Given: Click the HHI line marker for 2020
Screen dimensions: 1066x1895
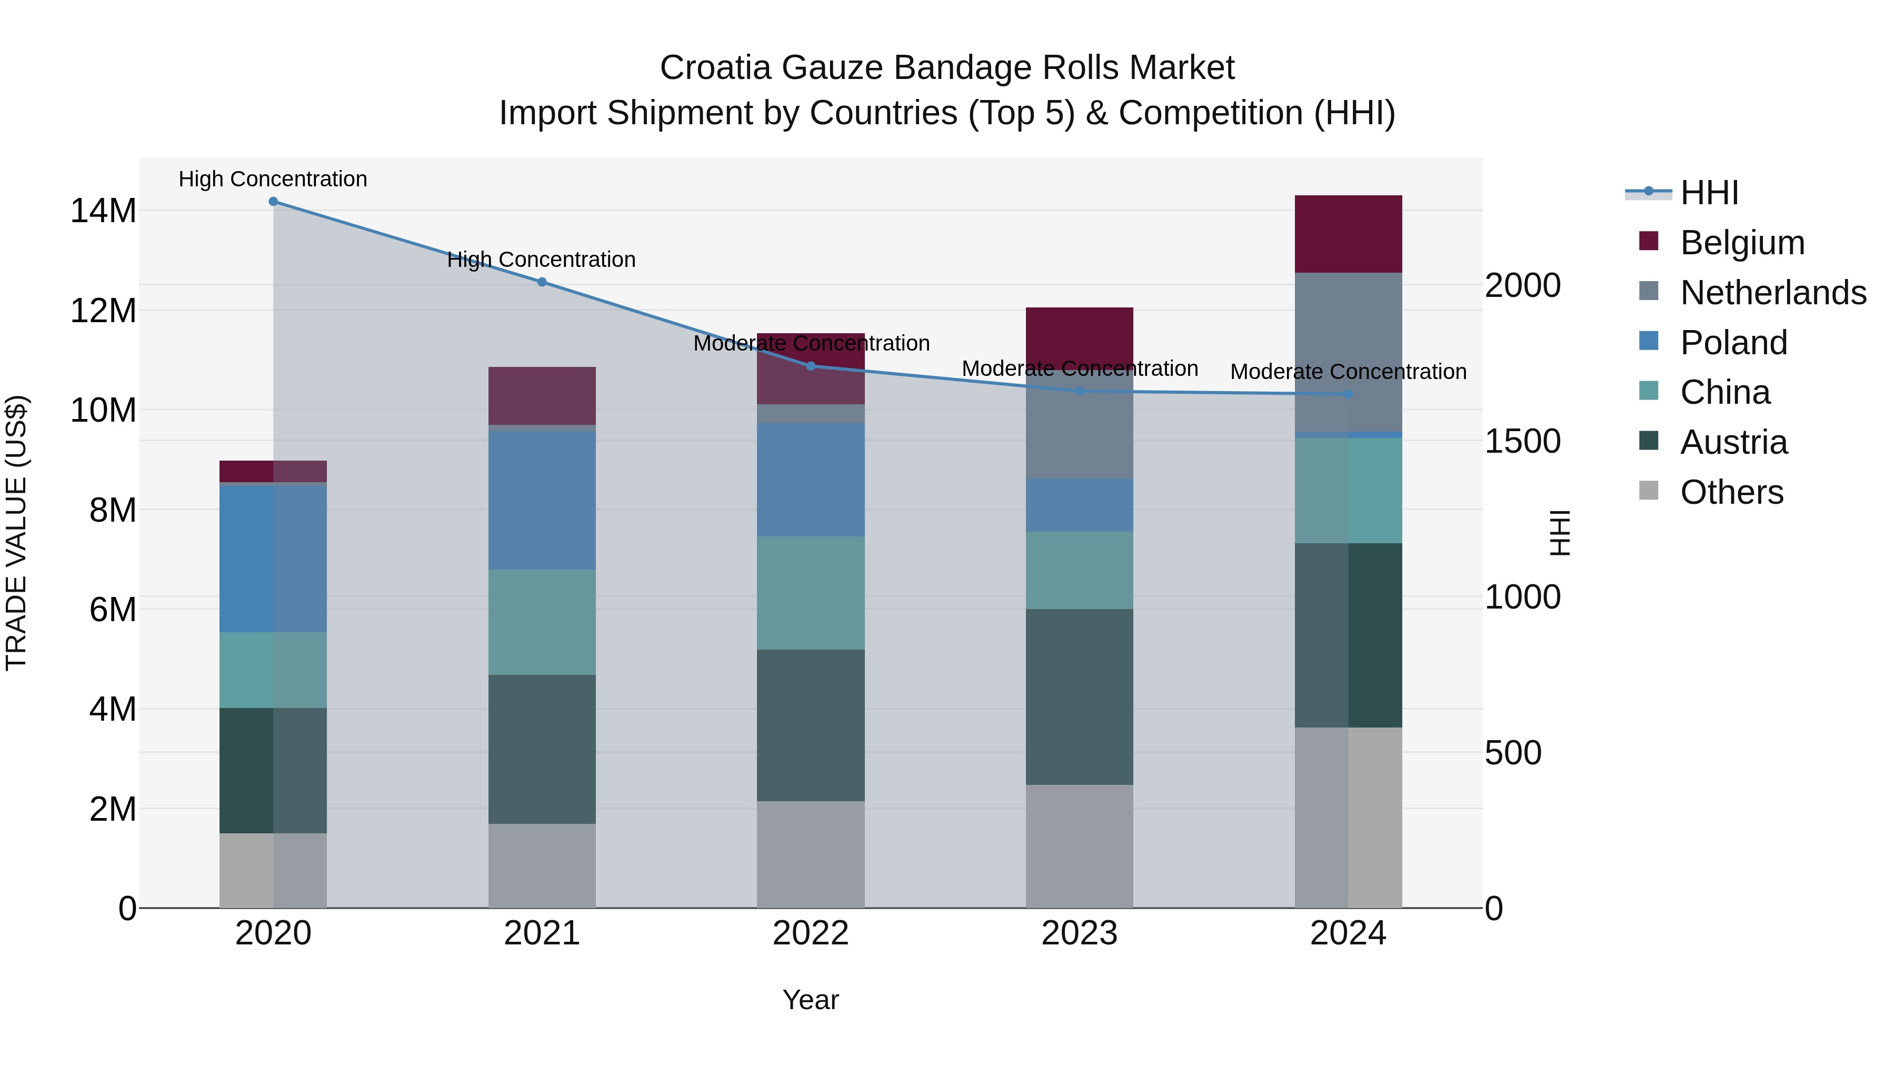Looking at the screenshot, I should tap(273, 202).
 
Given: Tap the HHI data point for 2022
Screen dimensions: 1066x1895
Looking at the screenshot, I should tap(811, 366).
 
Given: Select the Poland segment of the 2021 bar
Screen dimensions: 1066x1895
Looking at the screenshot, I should tap(542, 500).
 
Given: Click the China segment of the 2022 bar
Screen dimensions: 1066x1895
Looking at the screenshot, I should tap(811, 592).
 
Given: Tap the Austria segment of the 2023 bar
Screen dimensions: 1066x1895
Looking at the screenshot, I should tap(1079, 696).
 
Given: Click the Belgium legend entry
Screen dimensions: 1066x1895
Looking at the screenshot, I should tap(1742, 243).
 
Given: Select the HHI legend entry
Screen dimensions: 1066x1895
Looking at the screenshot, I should tap(1709, 193).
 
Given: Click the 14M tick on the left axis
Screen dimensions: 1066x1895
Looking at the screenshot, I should tap(103, 211).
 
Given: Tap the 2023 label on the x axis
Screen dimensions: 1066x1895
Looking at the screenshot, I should tap(1079, 933).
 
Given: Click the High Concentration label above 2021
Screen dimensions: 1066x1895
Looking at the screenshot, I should tap(542, 260).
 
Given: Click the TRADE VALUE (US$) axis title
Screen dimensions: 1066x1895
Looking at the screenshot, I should tap(16, 533).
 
